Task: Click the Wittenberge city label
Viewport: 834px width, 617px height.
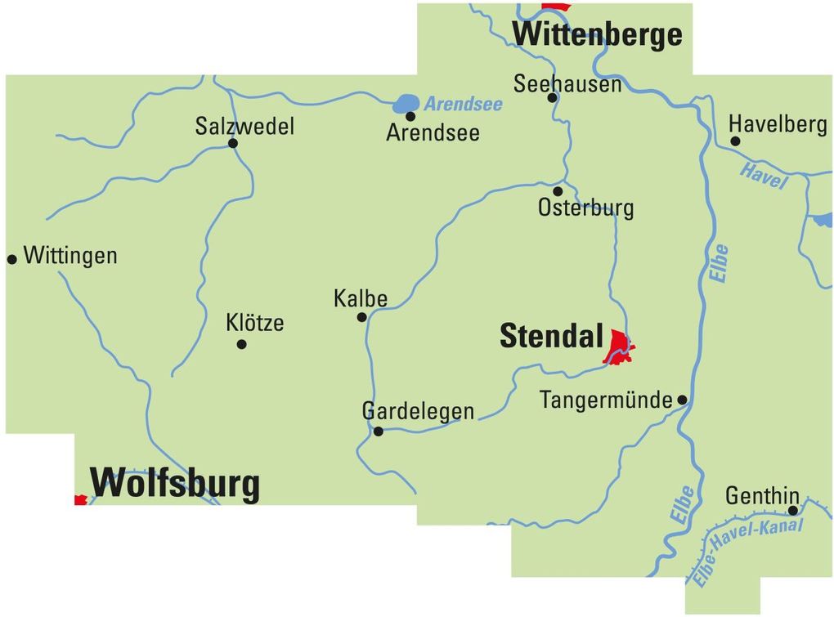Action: click(x=597, y=35)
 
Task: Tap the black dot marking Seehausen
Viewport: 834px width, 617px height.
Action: click(x=552, y=98)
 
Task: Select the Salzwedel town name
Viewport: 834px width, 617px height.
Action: click(x=244, y=127)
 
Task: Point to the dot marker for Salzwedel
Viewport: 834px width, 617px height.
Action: click(x=233, y=143)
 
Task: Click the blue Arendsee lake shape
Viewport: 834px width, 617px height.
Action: click(x=406, y=104)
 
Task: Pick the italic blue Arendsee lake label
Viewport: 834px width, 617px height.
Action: click(x=463, y=105)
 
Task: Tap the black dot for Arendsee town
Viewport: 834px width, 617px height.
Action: click(x=410, y=116)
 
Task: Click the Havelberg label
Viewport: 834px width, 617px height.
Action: click(x=778, y=124)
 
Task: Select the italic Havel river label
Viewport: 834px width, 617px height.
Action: click(x=763, y=176)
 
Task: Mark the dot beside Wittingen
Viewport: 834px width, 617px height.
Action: click(x=12, y=259)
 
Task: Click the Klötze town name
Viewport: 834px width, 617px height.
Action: click(x=255, y=323)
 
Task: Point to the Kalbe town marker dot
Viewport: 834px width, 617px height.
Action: click(x=361, y=317)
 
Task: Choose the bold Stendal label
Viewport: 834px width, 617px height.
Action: click(x=551, y=337)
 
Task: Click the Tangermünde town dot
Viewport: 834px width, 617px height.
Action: click(x=682, y=400)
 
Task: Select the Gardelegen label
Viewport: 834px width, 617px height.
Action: click(x=418, y=411)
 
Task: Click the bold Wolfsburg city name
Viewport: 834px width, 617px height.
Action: click(x=175, y=483)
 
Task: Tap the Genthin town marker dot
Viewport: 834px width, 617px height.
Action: click(x=792, y=510)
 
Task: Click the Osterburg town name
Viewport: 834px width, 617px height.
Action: click(x=585, y=208)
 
